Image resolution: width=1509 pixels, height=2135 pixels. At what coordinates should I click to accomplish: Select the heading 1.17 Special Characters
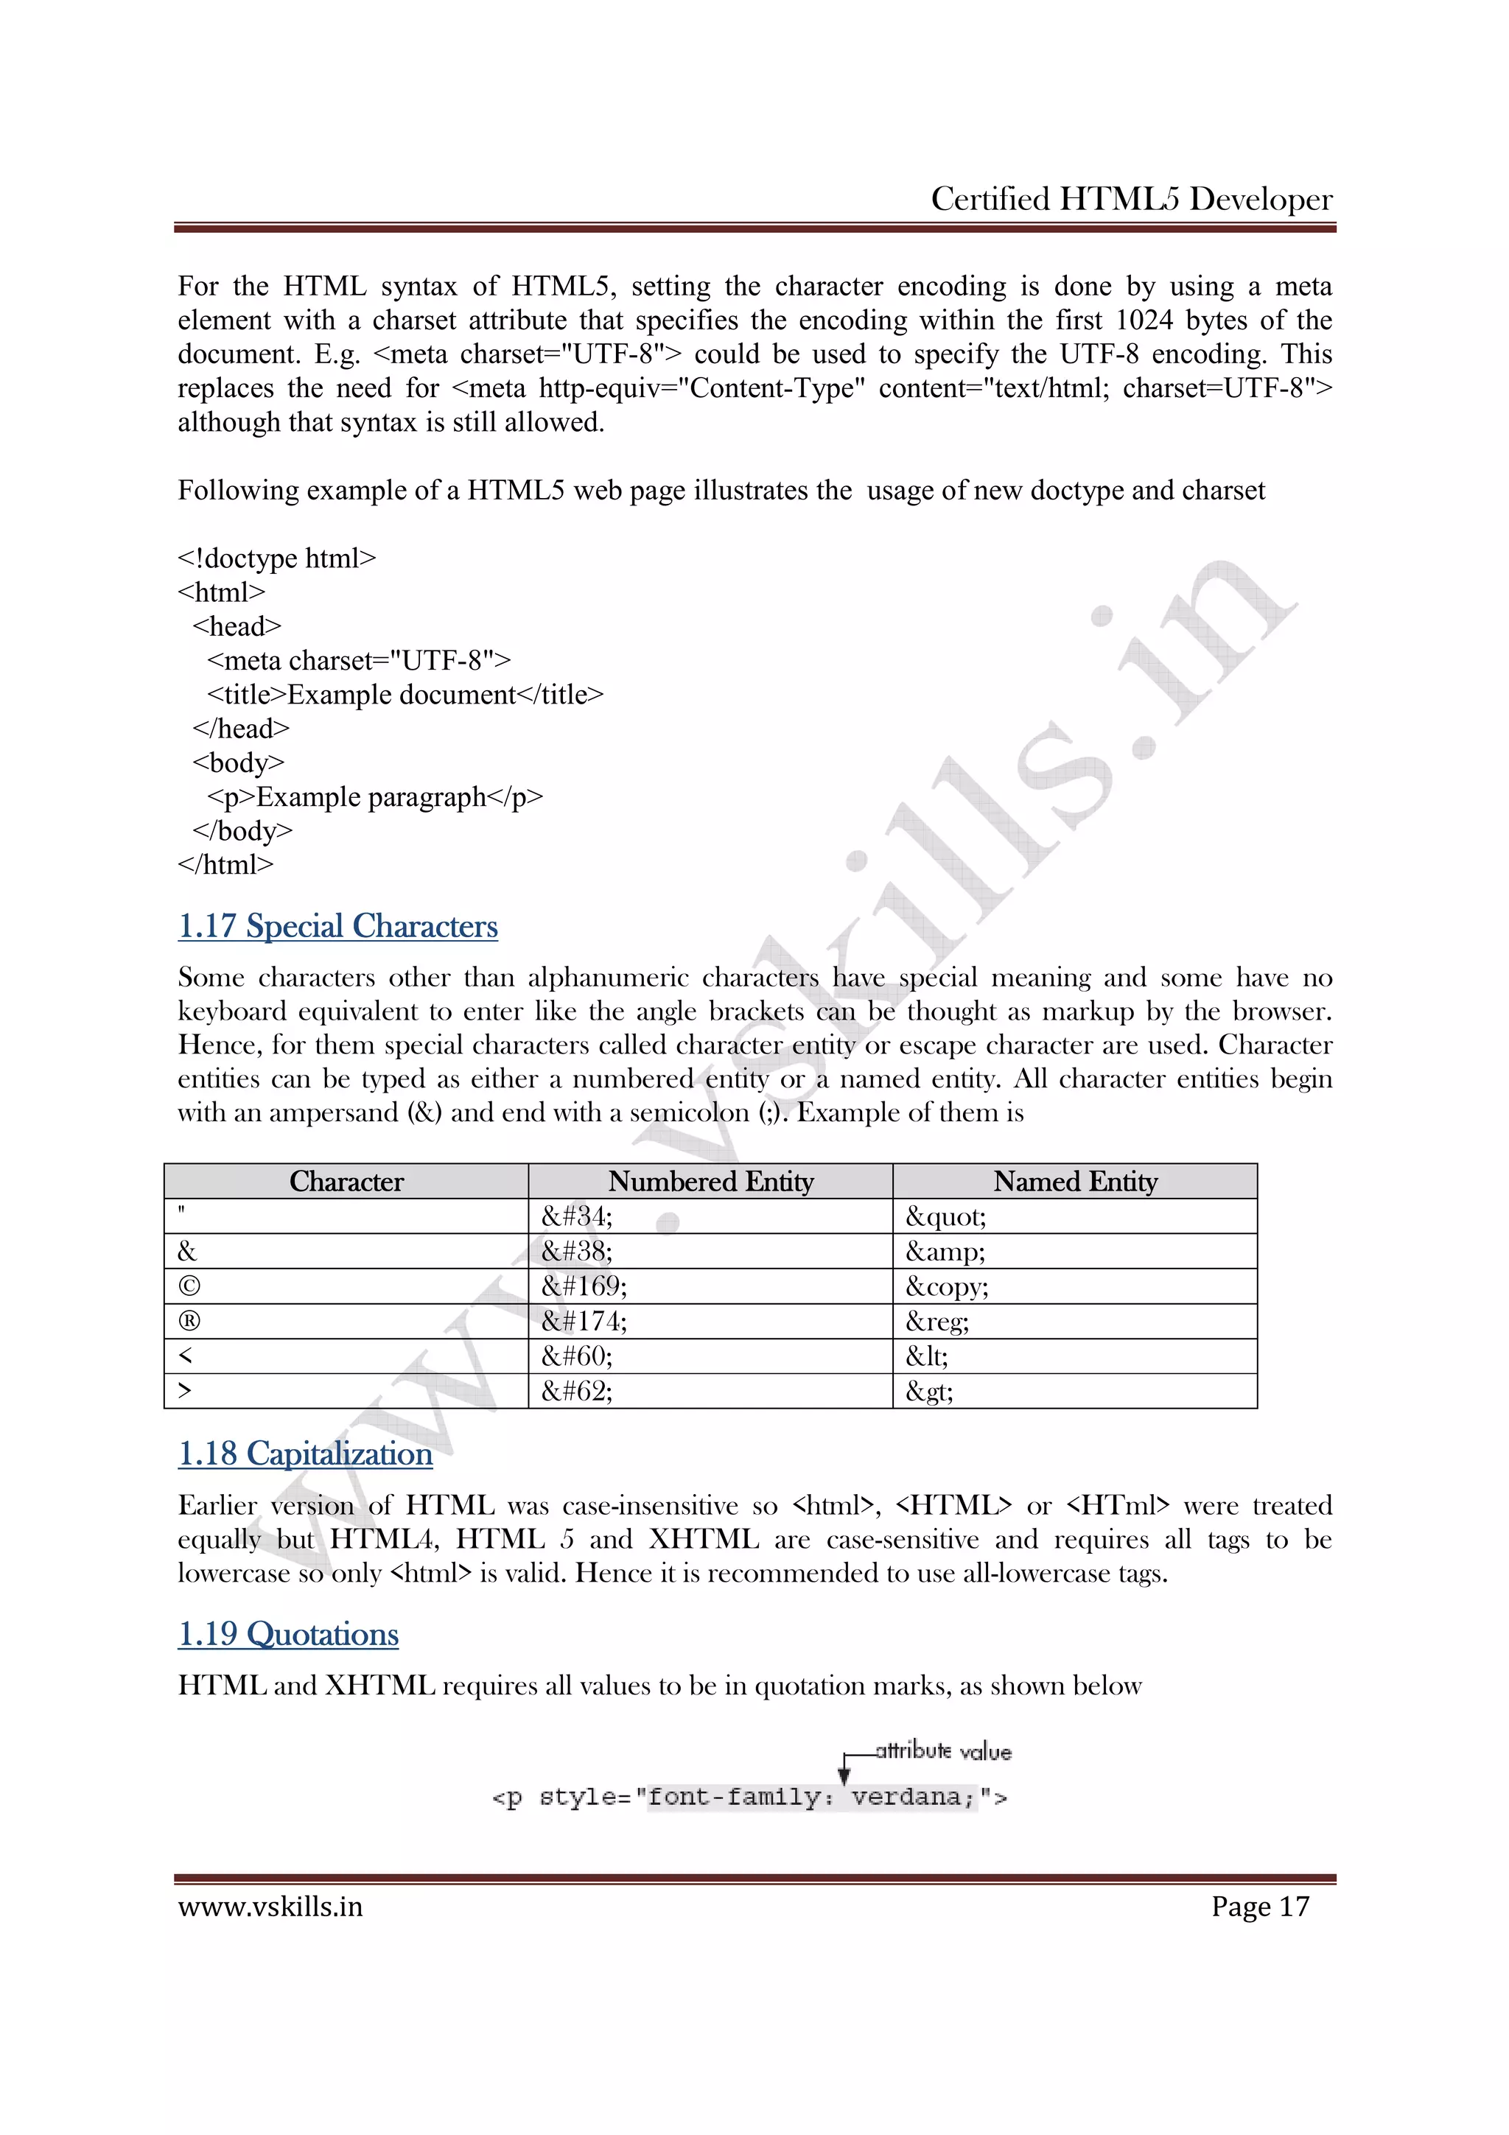pyautogui.click(x=337, y=926)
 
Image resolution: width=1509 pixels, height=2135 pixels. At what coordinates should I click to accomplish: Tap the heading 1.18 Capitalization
pyautogui.click(x=305, y=1454)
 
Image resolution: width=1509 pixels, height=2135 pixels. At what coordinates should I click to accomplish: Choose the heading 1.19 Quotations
pyautogui.click(x=288, y=1634)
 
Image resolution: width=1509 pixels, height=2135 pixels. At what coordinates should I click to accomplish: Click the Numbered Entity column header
pyautogui.click(x=710, y=1181)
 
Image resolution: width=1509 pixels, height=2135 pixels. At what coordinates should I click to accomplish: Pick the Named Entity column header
pyautogui.click(x=1075, y=1181)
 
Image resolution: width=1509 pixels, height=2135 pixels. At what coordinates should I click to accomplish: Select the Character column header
pyautogui.click(x=346, y=1181)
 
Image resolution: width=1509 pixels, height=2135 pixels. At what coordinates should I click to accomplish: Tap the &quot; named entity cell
pyautogui.click(x=945, y=1216)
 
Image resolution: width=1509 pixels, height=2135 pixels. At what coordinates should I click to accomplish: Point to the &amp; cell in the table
pyautogui.click(x=945, y=1252)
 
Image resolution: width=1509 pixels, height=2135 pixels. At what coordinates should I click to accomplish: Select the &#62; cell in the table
pyautogui.click(x=576, y=1391)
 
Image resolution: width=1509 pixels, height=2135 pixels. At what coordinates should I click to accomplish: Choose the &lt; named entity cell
pyautogui.click(x=927, y=1356)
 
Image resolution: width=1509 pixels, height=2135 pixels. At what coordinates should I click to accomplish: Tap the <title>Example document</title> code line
pyautogui.click(x=405, y=695)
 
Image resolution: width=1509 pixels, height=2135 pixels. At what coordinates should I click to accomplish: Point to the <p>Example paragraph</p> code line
pyautogui.click(x=375, y=797)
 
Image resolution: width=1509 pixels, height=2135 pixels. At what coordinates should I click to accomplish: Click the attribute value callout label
pyautogui.click(x=943, y=1752)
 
